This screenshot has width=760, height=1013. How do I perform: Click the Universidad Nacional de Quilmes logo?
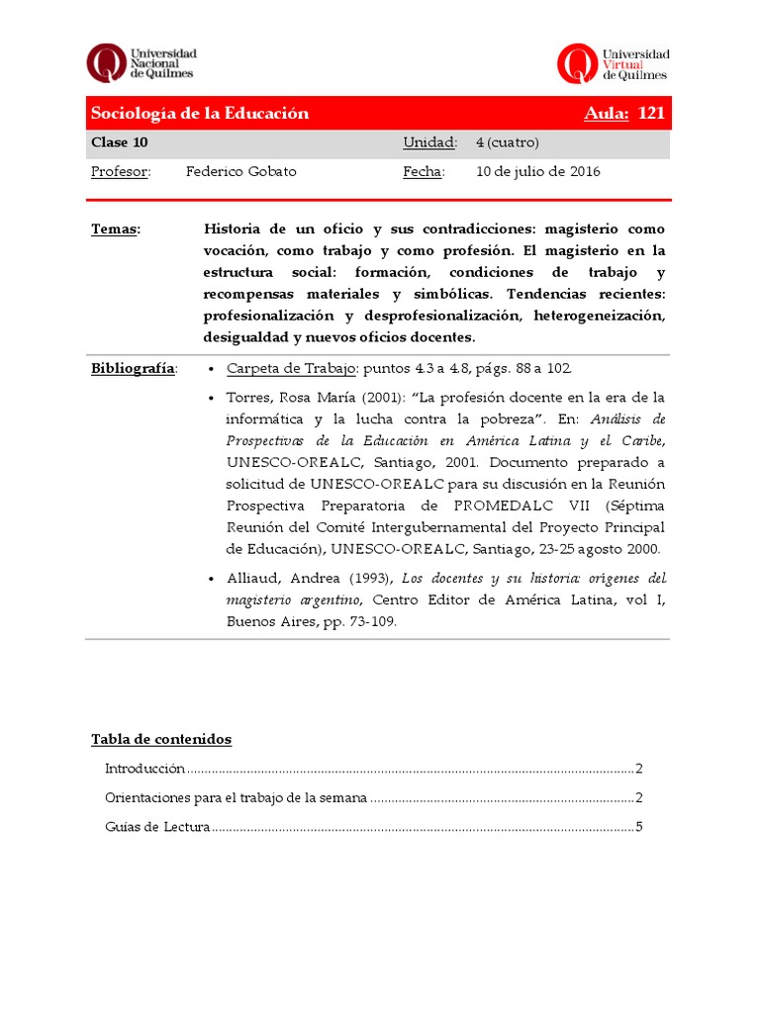point(141,62)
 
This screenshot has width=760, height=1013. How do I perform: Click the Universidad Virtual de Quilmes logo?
point(614,62)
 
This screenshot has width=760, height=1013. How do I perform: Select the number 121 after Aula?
point(651,113)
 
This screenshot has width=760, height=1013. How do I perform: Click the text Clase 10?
point(120,142)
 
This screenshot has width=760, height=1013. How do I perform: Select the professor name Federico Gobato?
point(240,171)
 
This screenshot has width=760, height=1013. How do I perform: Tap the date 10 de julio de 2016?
point(538,171)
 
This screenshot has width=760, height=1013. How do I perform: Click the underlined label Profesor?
point(121,171)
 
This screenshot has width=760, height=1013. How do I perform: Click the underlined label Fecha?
point(424,171)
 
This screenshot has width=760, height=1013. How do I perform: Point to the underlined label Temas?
point(116,229)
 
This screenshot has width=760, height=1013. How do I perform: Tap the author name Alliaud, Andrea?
point(280,578)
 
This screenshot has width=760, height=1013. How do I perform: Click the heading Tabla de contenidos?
point(161,739)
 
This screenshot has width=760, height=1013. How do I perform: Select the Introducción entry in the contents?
point(144,769)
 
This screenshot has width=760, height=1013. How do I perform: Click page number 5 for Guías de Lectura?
point(640,827)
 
